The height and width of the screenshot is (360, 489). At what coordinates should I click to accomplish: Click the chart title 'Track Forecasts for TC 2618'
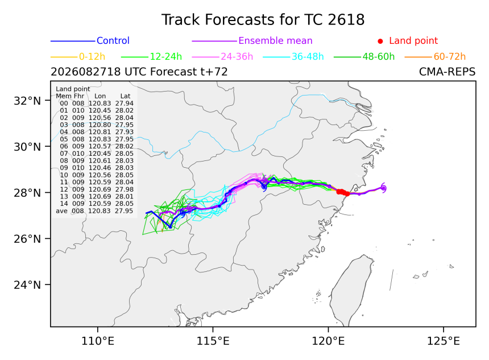tap(263, 20)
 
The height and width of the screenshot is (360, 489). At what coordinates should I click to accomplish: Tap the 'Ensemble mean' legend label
tap(275, 40)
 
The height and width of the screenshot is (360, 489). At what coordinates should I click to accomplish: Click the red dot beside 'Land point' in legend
tap(380, 41)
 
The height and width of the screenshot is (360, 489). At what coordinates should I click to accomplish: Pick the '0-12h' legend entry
tap(92, 56)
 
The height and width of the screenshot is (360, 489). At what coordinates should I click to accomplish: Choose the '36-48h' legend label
tap(308, 56)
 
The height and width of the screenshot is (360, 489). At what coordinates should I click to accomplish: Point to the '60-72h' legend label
tap(450, 56)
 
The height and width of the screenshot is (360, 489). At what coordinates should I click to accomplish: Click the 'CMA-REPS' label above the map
tap(447, 72)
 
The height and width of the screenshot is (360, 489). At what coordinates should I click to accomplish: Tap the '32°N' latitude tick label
tap(27, 101)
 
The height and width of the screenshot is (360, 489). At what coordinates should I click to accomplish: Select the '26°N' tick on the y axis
tap(27, 239)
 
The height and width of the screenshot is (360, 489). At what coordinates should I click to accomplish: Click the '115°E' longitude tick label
tap(213, 341)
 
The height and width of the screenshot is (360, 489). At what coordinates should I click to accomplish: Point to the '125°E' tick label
tap(444, 341)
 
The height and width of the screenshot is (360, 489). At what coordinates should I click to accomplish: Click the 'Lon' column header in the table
tap(100, 96)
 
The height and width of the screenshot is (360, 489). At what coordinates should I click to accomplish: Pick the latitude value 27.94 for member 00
tap(125, 104)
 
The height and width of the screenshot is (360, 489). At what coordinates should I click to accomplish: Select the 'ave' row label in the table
tap(61, 211)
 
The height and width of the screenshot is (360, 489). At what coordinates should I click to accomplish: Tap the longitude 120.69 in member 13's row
tap(100, 197)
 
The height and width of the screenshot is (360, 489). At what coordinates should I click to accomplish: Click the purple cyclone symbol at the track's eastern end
tap(383, 188)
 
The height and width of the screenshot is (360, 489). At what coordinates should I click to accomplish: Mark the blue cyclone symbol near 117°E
tap(264, 187)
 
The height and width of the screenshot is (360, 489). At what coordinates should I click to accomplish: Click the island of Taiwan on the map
tap(351, 290)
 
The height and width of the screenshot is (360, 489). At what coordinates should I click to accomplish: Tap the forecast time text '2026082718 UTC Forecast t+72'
tap(139, 72)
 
